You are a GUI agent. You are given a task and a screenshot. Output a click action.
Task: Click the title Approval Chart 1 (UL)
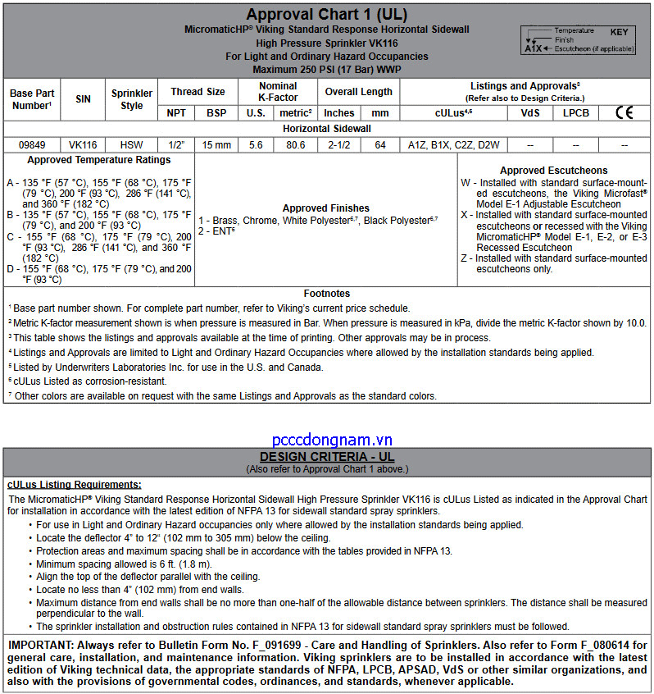(x=327, y=14)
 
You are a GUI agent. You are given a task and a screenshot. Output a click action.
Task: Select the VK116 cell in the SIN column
(x=83, y=145)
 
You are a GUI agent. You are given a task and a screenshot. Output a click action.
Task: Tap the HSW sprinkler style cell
(x=131, y=145)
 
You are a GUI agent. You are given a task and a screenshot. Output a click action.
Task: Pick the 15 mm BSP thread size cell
(x=216, y=145)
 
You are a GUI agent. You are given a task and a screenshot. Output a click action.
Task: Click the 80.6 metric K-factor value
(x=295, y=145)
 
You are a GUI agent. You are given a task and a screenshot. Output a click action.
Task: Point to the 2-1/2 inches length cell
(x=338, y=145)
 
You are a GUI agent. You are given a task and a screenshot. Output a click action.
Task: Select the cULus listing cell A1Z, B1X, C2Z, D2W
(x=453, y=145)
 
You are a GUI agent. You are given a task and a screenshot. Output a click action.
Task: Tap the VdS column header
(x=530, y=113)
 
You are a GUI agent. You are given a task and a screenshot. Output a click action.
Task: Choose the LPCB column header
(x=575, y=113)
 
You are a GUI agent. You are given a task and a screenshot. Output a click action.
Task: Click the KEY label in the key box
(x=619, y=31)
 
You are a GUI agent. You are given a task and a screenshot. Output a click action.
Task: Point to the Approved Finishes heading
(x=325, y=208)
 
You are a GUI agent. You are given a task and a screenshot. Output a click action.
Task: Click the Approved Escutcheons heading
(x=554, y=171)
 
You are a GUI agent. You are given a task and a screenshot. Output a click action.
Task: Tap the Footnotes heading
(x=326, y=293)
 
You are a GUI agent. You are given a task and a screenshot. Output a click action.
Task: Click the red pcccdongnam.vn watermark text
(x=333, y=440)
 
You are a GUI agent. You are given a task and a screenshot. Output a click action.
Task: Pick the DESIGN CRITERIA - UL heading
(x=327, y=456)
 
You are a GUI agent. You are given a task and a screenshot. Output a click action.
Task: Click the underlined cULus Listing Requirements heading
(x=74, y=485)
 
